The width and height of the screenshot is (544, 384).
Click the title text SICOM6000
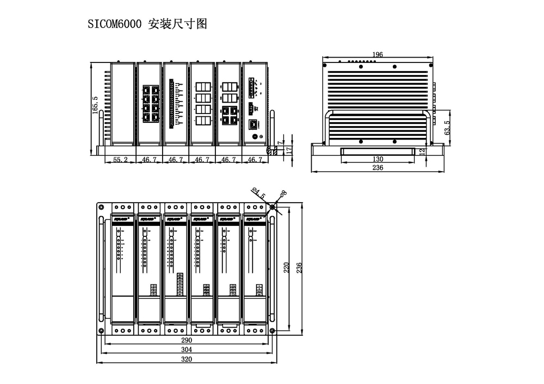[115, 24]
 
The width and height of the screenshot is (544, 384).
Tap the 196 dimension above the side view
[378, 54]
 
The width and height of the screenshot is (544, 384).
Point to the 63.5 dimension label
[447, 124]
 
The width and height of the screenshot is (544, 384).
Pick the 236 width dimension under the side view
[378, 168]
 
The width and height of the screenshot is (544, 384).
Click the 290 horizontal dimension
[187, 340]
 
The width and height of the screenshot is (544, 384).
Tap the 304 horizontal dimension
[187, 350]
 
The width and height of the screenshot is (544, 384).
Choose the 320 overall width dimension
[187, 360]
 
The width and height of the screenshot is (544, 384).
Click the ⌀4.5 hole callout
[258, 192]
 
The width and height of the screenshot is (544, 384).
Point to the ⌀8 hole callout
[282, 193]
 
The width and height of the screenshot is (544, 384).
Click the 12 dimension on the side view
[423, 152]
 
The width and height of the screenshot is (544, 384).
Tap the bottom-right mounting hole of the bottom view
[272, 331]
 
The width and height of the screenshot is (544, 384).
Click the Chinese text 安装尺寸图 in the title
[177, 24]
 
